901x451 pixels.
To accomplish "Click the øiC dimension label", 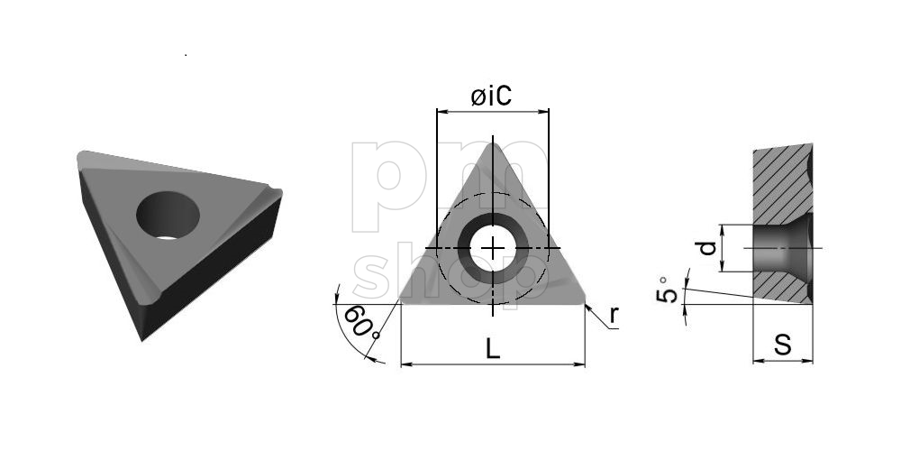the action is [x=491, y=97].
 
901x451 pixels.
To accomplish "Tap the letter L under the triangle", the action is [x=493, y=349].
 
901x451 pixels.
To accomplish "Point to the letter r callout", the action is [x=614, y=315].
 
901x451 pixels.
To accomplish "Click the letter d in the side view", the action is [x=706, y=248].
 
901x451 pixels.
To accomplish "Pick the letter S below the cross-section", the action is [x=782, y=345].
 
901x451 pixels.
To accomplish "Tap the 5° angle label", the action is [x=666, y=290].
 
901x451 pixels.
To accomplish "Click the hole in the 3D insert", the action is [x=168, y=216].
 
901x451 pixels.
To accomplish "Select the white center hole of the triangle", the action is [x=493, y=248].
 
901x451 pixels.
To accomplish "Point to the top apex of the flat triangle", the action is [x=493, y=143].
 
